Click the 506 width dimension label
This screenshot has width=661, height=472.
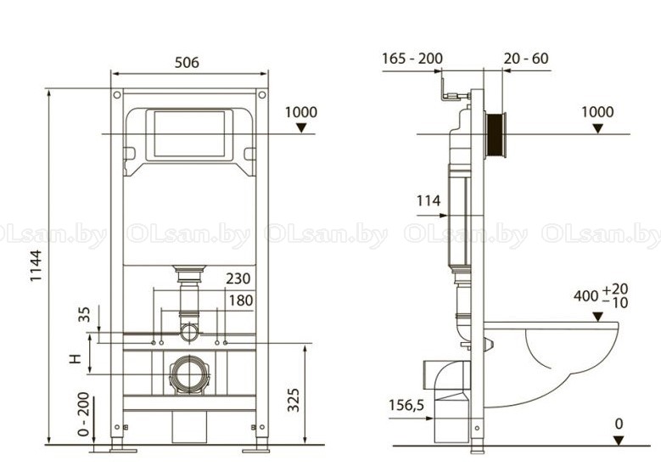pos(187,63)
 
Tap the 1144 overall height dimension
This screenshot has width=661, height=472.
pos(36,267)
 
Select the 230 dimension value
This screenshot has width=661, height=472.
pos(238,278)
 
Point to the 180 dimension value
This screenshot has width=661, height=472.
pos(241,301)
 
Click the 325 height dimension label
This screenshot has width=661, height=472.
pos(293,400)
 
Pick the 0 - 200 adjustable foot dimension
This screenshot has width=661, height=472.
pos(84,414)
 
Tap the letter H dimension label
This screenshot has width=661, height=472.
pos(75,358)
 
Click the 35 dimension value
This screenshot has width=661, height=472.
pos(84,314)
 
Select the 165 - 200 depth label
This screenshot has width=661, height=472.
pos(412,59)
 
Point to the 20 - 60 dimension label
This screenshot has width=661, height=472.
pos(526,59)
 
